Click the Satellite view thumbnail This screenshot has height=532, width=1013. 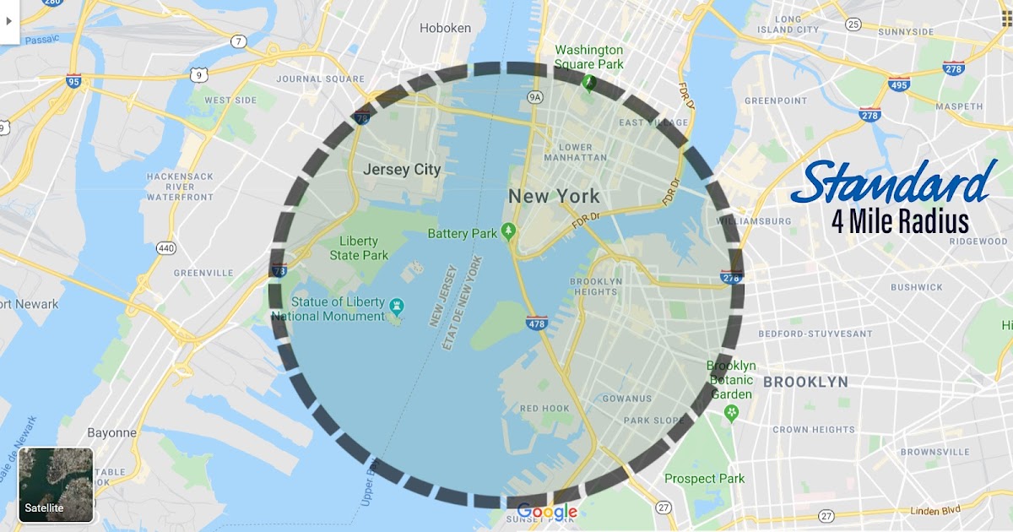click(56, 484)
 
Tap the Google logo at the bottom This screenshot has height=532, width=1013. click(547, 512)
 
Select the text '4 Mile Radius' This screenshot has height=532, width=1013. click(900, 221)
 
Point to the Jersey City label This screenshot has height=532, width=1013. click(402, 170)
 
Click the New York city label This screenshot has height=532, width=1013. click(554, 197)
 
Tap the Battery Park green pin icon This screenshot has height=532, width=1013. click(508, 231)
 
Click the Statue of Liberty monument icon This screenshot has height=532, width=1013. click(397, 303)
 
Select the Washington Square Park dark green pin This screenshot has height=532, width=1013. click(589, 82)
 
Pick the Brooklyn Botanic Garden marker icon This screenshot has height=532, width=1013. click(732, 413)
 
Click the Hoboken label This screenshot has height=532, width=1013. click(445, 28)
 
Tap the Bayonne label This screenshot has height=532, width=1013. click(111, 432)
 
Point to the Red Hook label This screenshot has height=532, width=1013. click(544, 409)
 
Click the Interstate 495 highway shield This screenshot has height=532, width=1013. click(899, 84)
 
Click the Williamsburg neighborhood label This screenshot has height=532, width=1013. click(753, 221)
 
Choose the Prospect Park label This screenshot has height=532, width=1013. click(704, 479)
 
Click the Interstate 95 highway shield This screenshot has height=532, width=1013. click(74, 81)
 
